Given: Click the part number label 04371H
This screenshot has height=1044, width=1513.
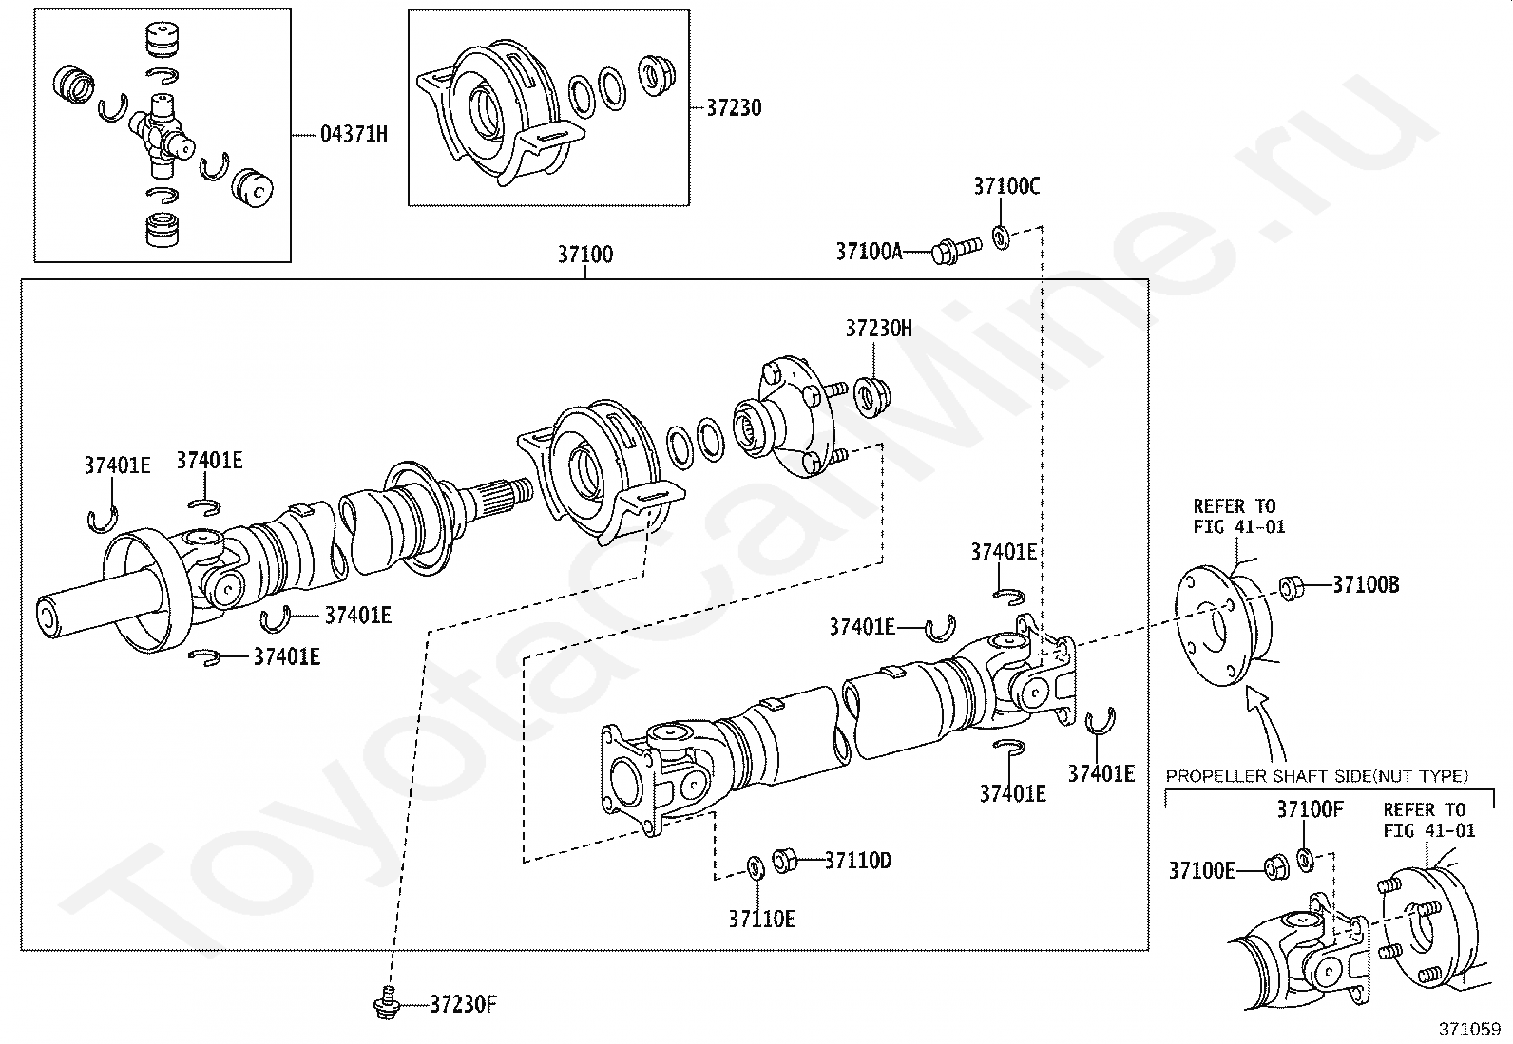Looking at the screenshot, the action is click(354, 134).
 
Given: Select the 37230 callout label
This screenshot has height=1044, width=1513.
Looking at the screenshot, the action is click(735, 108).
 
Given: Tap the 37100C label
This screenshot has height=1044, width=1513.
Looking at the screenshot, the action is click(1006, 186).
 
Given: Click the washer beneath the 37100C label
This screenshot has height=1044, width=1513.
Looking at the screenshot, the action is click(1001, 237).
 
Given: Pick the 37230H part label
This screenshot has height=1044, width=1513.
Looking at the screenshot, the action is click(879, 329).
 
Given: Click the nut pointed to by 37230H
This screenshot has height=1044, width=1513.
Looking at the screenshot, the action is click(872, 397).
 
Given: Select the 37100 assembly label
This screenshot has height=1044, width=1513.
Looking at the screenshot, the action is click(584, 255).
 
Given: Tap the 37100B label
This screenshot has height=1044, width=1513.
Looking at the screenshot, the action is click(1366, 585).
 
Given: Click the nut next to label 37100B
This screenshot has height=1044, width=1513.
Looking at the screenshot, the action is click(1292, 587).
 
